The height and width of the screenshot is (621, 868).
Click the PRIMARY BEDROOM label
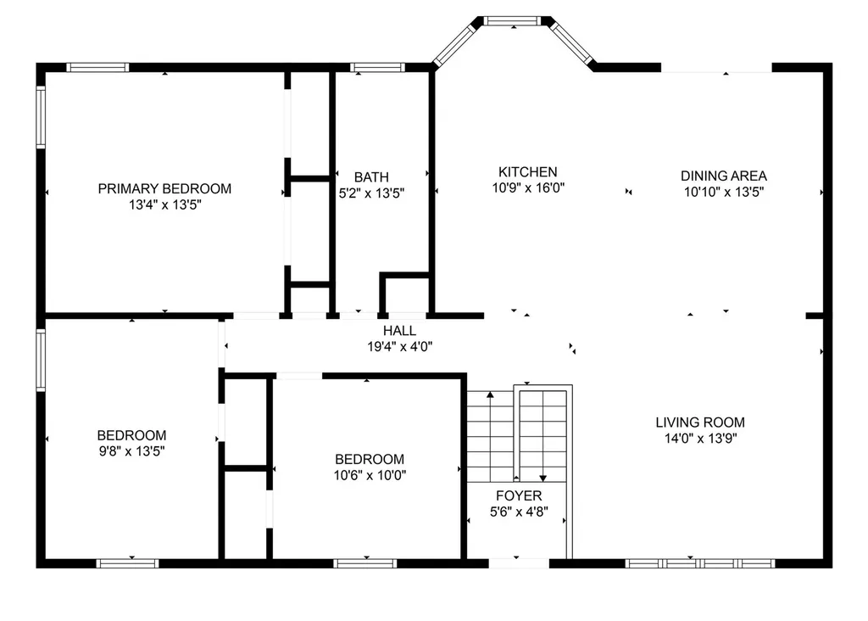164,188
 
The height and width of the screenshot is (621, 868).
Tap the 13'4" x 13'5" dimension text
165,204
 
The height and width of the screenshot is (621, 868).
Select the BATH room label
371,177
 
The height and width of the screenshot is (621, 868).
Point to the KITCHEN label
527,171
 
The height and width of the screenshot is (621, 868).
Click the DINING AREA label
724,176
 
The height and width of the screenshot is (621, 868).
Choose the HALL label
400,331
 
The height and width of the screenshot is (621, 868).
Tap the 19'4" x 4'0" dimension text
400,347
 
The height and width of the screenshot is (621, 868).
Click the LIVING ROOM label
700,422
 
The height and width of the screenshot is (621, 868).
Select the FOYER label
519,495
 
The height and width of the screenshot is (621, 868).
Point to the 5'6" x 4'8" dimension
519,512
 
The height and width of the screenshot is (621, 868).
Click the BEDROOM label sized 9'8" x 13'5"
131,435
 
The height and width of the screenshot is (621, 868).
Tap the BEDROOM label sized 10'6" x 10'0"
370,459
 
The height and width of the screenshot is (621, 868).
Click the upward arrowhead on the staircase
490,395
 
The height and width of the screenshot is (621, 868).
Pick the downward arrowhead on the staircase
543,478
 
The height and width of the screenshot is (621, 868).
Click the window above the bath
377,68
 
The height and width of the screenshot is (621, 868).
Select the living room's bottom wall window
700,563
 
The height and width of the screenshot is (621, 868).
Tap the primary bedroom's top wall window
98,68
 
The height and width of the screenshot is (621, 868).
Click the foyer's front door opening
519,563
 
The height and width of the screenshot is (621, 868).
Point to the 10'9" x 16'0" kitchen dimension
528,187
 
